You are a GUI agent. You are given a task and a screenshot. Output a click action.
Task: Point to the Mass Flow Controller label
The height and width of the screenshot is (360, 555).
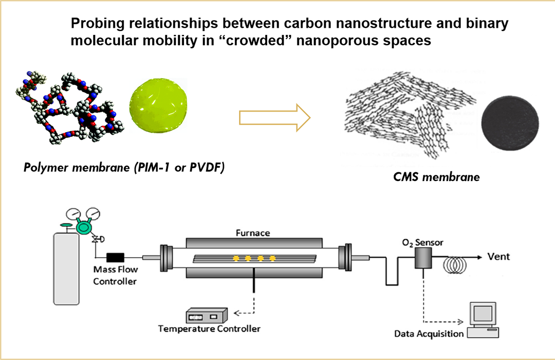[x=115, y=275]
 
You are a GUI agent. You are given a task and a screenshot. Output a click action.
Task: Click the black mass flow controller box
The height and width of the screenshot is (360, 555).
[x=116, y=258]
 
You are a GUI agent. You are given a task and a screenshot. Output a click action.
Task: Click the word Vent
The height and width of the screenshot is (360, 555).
[x=498, y=257]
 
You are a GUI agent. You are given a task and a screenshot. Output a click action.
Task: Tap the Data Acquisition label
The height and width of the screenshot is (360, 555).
[x=429, y=334]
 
